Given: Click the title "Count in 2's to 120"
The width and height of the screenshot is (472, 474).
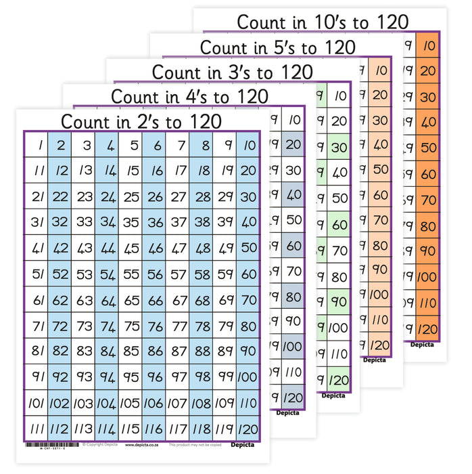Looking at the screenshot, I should click(141, 121).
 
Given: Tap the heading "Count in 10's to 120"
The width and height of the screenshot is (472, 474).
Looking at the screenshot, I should click(323, 22).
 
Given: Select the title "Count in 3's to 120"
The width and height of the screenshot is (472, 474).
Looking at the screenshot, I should click(232, 72).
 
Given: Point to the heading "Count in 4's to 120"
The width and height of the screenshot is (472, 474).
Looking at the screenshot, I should click(189, 96).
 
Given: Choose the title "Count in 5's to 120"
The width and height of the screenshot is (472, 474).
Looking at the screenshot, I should click(277, 47).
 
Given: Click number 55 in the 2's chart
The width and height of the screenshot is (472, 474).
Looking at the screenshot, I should click(131, 274).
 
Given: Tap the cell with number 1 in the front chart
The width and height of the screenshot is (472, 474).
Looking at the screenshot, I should click(37, 145).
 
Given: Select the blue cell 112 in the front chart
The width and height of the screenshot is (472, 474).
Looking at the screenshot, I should click(61, 428).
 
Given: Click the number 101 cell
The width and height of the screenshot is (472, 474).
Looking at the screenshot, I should click(37, 403).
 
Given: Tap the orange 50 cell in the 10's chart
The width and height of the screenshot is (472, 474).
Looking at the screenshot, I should click(427, 147).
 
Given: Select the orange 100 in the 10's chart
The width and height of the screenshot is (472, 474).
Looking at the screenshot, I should click(427, 276).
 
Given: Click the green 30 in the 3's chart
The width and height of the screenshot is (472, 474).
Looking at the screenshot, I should click(337, 148).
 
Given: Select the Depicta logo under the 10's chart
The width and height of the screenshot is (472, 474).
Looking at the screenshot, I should click(423, 344).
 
